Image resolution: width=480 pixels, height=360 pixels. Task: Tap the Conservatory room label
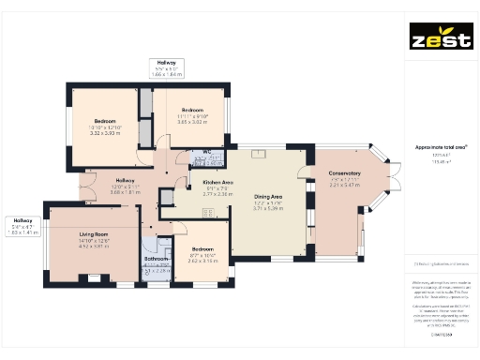tap(344, 173)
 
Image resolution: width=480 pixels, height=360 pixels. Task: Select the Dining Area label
tap(267, 195)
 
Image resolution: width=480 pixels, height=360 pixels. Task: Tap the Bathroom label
tap(156, 258)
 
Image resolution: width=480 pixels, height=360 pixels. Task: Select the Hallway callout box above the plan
tap(171, 67)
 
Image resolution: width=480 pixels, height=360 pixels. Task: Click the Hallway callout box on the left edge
tap(22, 226)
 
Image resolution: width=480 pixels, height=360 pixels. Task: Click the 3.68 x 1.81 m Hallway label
tap(125, 186)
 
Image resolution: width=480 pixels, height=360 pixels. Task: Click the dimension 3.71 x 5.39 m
tap(267, 208)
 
